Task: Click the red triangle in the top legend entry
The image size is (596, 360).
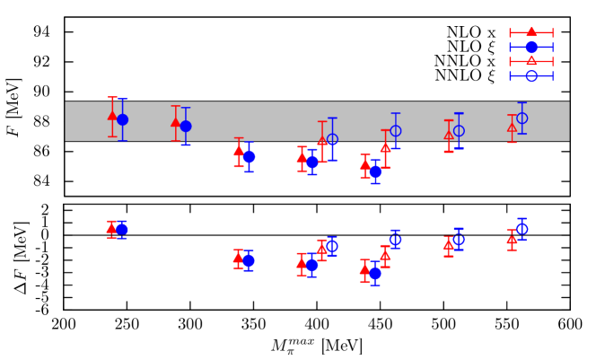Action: click(x=531, y=32)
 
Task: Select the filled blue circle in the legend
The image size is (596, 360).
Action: click(x=531, y=47)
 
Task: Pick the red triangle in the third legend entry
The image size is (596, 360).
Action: click(x=531, y=61)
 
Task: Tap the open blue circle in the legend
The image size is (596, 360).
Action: click(x=531, y=75)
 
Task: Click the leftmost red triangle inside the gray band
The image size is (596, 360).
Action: click(x=112, y=115)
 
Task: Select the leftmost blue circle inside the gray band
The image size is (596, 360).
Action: click(x=122, y=119)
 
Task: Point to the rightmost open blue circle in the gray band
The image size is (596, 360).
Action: click(x=521, y=118)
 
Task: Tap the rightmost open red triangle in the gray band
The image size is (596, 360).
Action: click(x=512, y=127)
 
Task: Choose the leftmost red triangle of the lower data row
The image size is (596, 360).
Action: click(x=111, y=228)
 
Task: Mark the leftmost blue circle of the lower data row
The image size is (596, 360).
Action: click(x=122, y=230)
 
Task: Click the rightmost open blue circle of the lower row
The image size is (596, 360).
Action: click(x=521, y=229)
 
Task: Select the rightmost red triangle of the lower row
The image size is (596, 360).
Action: click(x=512, y=240)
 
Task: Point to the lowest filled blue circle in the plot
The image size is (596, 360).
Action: click(x=375, y=273)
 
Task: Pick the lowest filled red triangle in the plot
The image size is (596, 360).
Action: click(x=364, y=269)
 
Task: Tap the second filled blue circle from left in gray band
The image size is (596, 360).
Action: click(x=186, y=126)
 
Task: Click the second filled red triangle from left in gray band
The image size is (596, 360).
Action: click(x=176, y=122)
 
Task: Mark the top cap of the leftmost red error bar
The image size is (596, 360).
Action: click(x=112, y=97)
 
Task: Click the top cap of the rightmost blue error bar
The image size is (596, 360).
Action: click(x=521, y=102)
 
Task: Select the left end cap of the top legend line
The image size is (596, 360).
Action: click(x=510, y=32)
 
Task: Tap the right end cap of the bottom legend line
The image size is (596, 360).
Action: click(x=553, y=75)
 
